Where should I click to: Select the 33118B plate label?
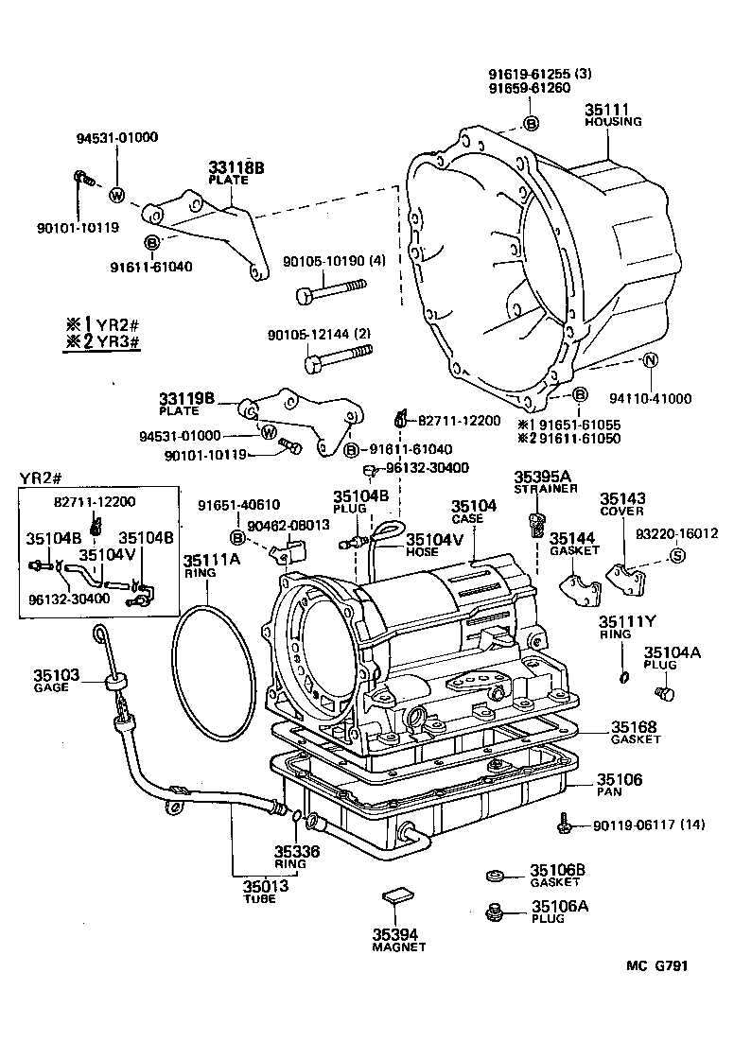point(236,168)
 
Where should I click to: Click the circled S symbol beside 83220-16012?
point(676,555)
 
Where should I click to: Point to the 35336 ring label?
point(296,851)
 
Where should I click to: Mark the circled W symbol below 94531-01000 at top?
point(117,196)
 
